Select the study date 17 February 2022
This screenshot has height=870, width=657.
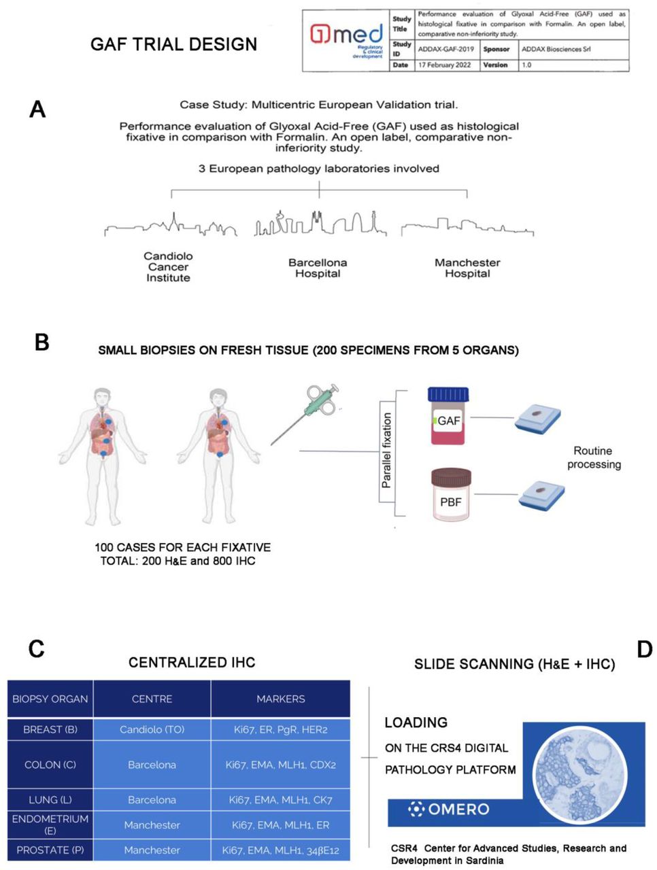[x=445, y=65]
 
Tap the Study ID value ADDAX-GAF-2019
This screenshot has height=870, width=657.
[x=445, y=49]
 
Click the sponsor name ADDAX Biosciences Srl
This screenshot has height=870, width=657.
[x=556, y=49]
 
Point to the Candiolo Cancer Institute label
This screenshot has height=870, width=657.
[x=168, y=266]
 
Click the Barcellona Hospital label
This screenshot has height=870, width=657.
[x=318, y=268]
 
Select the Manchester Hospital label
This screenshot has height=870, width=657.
[x=467, y=268]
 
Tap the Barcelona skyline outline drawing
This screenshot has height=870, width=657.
[x=320, y=223]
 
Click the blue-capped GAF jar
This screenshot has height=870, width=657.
[x=448, y=415]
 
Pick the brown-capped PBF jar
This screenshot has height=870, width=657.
[x=451, y=494]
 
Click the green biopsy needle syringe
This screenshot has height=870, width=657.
[x=305, y=414]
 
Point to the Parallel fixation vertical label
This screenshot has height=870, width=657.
[x=386, y=450]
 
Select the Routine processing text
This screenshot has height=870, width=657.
[x=594, y=457]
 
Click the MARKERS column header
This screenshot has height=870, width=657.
[x=281, y=698]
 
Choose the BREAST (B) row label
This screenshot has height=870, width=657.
[x=50, y=729]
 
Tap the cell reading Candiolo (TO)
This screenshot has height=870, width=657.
[x=152, y=729]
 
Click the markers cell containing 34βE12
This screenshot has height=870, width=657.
[x=281, y=850]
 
